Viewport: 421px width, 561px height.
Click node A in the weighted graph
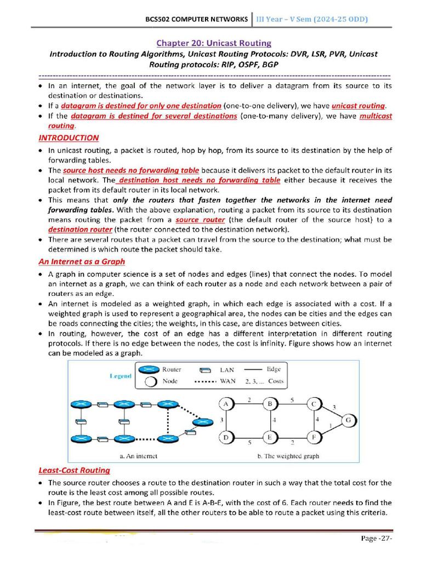tap(225, 404)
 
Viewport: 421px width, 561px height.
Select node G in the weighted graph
tap(349, 420)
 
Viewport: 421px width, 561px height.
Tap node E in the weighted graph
tap(270, 437)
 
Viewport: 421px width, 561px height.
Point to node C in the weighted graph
tap(314, 404)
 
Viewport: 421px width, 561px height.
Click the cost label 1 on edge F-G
tap(330, 426)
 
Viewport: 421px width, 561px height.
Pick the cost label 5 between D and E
tap(249, 442)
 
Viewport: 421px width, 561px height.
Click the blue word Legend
tap(120, 376)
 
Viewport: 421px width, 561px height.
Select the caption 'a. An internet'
tap(138, 456)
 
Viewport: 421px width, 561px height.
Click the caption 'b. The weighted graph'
tap(288, 456)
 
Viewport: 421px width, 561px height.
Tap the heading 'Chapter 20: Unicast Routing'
tap(214, 43)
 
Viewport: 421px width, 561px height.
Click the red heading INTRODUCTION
tap(69, 138)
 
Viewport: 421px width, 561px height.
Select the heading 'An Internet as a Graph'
tap(82, 261)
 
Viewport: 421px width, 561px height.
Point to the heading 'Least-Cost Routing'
tap(74, 470)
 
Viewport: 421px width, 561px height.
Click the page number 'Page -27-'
tap(377, 538)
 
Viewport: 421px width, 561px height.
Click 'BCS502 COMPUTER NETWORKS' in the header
tap(196, 19)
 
